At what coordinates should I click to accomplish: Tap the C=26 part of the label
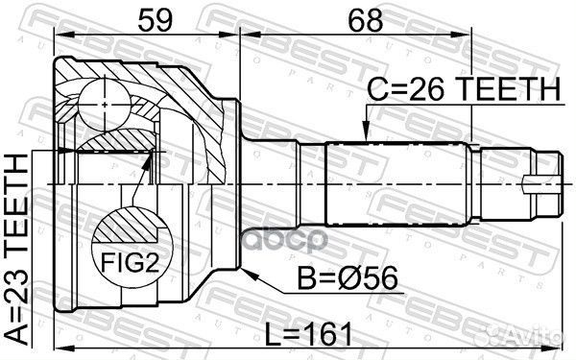[405, 89]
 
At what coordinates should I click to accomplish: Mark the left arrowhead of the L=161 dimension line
[59, 347]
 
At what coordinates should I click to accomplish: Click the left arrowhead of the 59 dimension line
[59, 35]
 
